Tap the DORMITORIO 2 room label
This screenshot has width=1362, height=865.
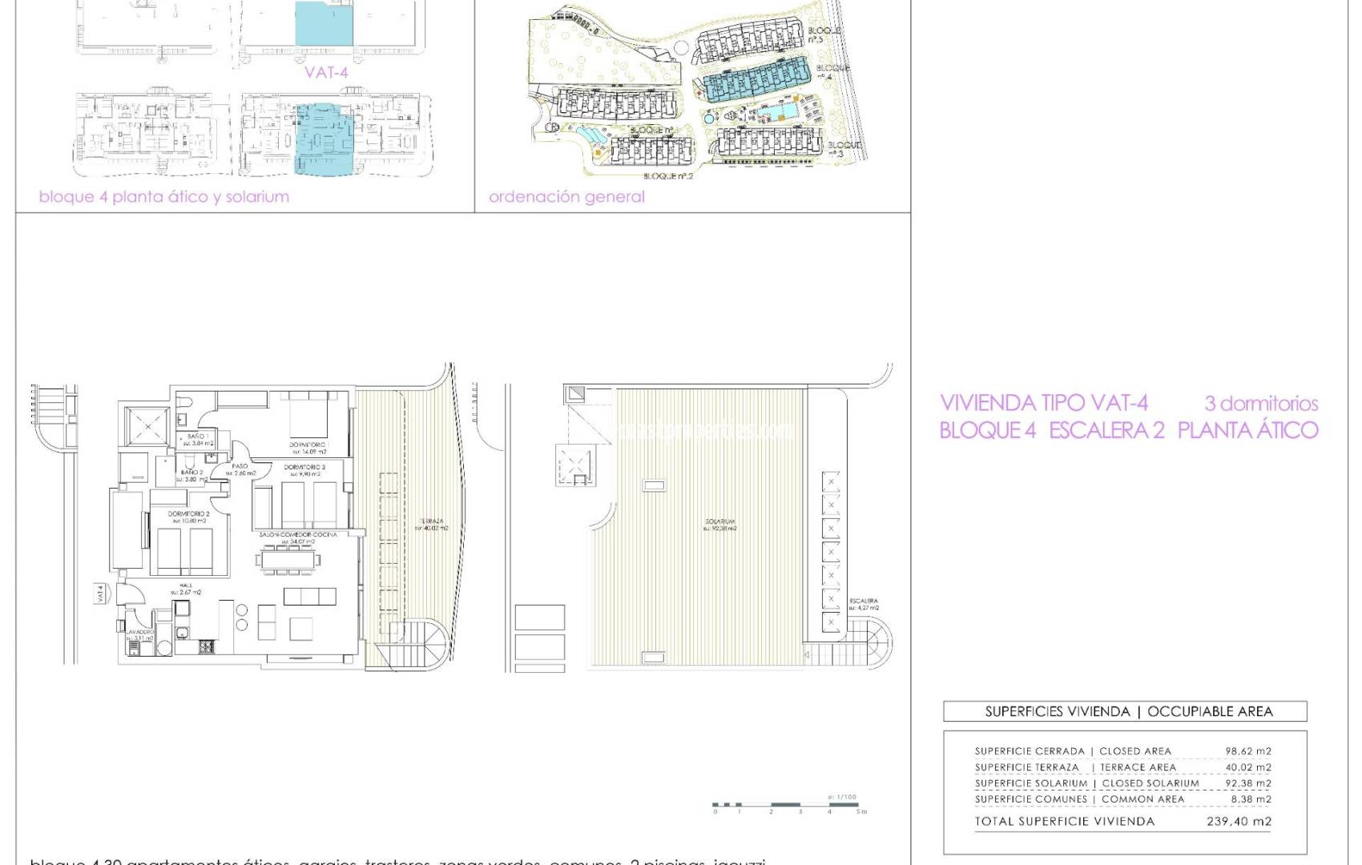[x=188, y=514]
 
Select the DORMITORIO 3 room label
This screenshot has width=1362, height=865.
[x=304, y=468]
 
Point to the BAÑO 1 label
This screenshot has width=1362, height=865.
[x=198, y=437]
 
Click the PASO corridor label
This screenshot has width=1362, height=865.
[x=240, y=466]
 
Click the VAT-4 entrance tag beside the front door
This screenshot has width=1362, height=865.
[x=100, y=594]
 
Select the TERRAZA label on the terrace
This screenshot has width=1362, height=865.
[x=431, y=521]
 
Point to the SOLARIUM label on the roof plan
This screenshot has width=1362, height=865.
[x=719, y=521]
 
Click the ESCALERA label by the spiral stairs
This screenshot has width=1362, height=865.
[x=864, y=601]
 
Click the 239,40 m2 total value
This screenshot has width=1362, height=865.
[x=1239, y=821]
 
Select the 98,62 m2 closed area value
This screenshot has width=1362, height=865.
[x=1248, y=751]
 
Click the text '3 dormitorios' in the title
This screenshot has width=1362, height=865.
[x=1261, y=404]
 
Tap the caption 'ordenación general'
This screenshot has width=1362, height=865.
[x=566, y=196]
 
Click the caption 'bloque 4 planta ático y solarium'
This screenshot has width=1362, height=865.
[x=164, y=197]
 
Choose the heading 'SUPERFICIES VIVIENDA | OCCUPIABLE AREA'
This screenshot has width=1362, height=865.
[x=1128, y=711]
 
